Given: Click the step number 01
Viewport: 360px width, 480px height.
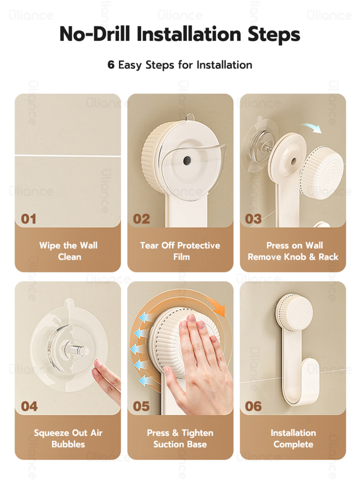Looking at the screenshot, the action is coord(28,219).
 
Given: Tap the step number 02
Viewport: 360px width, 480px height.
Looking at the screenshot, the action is coord(141,219).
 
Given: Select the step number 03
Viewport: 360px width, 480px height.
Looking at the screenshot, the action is coord(253,219).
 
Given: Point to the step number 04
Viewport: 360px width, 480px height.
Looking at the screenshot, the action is coord(29,406).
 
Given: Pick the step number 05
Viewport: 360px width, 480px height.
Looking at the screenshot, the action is coord(141,406).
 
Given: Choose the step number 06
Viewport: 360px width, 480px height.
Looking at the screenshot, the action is coord(253,406).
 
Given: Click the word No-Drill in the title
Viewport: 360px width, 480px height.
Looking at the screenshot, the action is coord(95,34).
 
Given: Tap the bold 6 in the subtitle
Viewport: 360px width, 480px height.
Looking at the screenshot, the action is coord(111,64).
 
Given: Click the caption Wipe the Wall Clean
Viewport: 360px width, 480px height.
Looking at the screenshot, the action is coord(69,251).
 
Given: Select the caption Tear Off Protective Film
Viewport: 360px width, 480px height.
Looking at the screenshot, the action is coord(180,251).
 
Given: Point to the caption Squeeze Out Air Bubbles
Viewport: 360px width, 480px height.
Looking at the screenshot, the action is coord(68,438).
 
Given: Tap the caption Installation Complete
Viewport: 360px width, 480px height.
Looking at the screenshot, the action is coord(293,438).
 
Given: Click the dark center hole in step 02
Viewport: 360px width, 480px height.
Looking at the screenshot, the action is coord(187,160).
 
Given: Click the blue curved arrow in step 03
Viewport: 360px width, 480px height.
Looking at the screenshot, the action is coord(309,127).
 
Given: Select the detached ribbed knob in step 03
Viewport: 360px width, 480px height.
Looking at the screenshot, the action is coord(321,171).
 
